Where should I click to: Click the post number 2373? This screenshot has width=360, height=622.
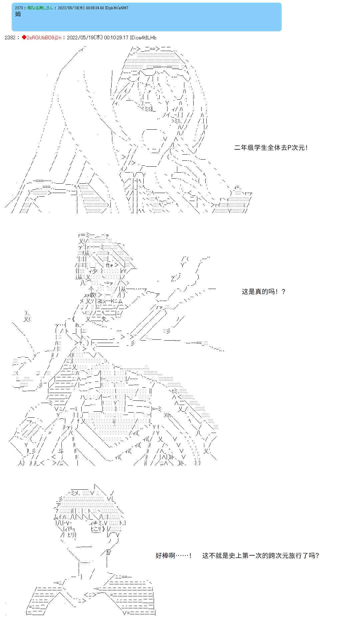click(x=19, y=8)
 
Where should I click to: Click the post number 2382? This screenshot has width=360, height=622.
click(x=10, y=38)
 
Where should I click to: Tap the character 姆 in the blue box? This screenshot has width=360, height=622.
click(x=18, y=14)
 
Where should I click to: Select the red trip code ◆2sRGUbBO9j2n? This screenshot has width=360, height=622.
click(x=42, y=38)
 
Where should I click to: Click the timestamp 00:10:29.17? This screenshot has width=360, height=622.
click(x=116, y=38)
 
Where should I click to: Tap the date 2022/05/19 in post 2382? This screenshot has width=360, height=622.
click(x=80, y=38)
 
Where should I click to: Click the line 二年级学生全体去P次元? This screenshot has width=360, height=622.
click(x=271, y=148)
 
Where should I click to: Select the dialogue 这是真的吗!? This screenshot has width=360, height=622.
click(x=264, y=292)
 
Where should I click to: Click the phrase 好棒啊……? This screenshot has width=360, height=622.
click(x=173, y=556)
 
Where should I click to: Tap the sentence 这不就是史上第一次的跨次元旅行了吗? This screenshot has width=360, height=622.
click(x=260, y=556)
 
